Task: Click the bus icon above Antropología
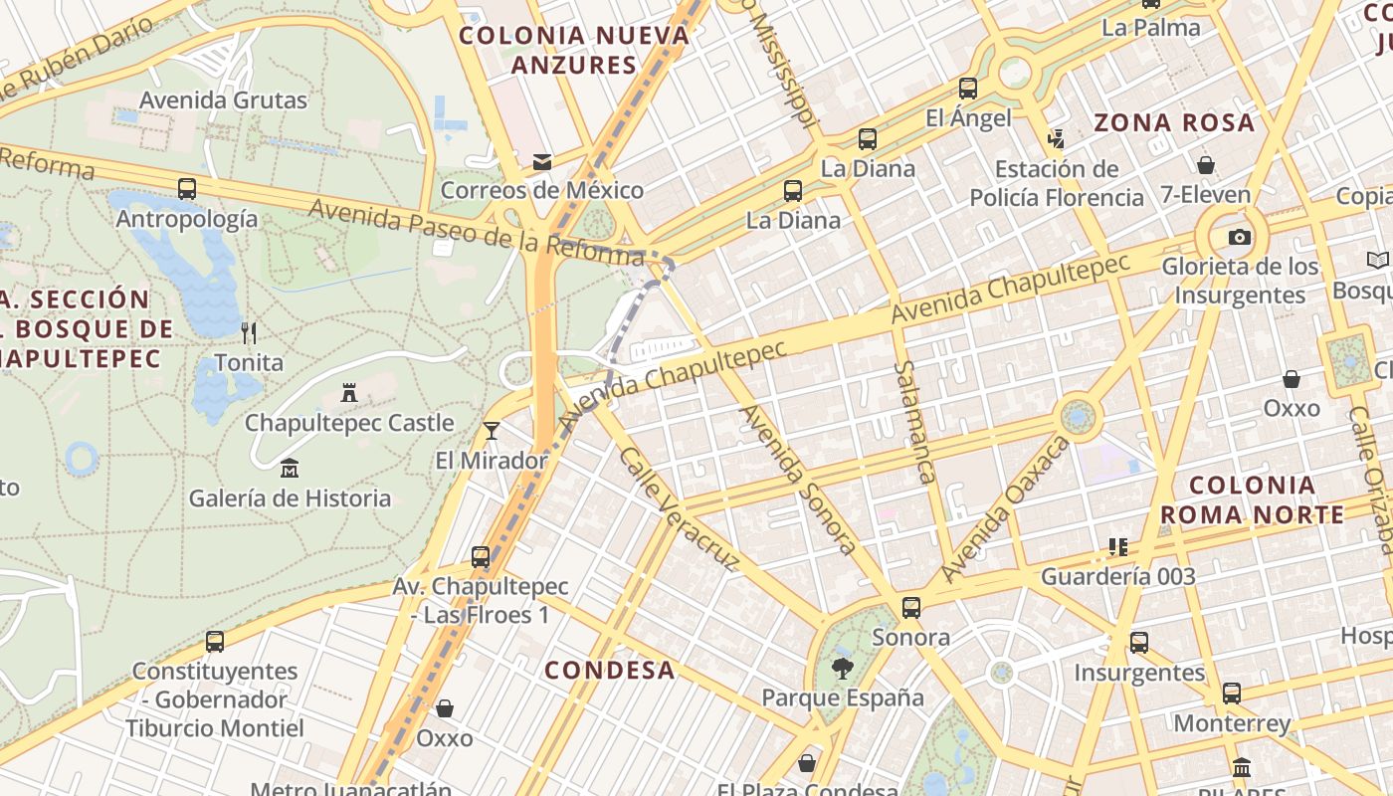coord(187,188)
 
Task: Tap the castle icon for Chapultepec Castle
coord(348,393)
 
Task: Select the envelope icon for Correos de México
coord(542,161)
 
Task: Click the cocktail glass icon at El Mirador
coord(491,430)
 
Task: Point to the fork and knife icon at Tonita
coord(249,332)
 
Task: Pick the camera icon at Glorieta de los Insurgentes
coord(1239,237)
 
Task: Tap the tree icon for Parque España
coord(842,668)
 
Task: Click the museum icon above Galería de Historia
coord(290,467)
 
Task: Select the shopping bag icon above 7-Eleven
coord(1206,164)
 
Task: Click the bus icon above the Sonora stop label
coord(910,608)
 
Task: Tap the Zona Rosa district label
coord(1174,123)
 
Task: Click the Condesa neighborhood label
coord(609,670)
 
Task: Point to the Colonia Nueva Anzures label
coord(574,51)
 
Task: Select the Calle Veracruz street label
coord(680,510)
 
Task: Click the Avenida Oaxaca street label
coord(1004,510)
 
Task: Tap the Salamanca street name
coord(914,422)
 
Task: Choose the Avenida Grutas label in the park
coord(223,100)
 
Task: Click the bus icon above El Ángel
coord(967,88)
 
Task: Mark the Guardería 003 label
coord(1117,576)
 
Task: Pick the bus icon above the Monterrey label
coord(1231,694)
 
